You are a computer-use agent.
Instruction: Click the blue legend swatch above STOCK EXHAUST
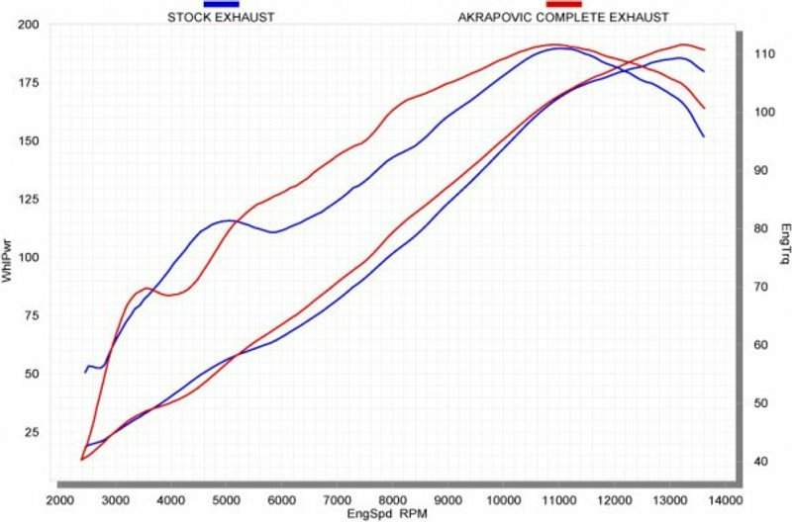221,5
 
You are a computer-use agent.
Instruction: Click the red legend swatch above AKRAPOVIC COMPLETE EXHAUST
562,5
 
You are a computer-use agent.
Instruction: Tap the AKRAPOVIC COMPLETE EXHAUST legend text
562,17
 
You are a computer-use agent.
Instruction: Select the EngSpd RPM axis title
389,515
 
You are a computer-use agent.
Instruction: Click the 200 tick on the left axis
29,24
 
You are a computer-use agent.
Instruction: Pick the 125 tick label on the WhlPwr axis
29,200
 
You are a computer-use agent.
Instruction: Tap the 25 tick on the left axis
32,433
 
